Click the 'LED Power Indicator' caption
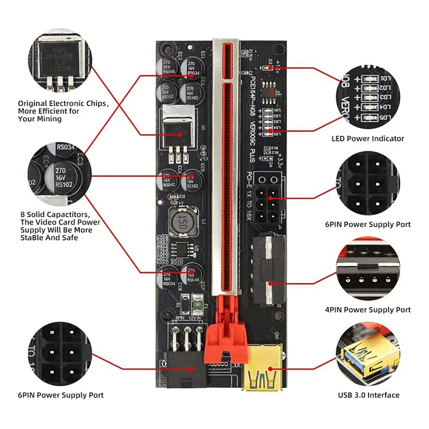tap(367, 138)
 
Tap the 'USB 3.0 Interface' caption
tap(368, 395)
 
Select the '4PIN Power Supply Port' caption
tap(368, 309)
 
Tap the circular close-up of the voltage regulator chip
tap(61, 61)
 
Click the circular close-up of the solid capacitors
tap(60, 174)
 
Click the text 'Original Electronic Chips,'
tap(63, 103)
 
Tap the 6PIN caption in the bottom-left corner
tap(61, 395)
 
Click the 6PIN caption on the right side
tap(368, 224)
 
